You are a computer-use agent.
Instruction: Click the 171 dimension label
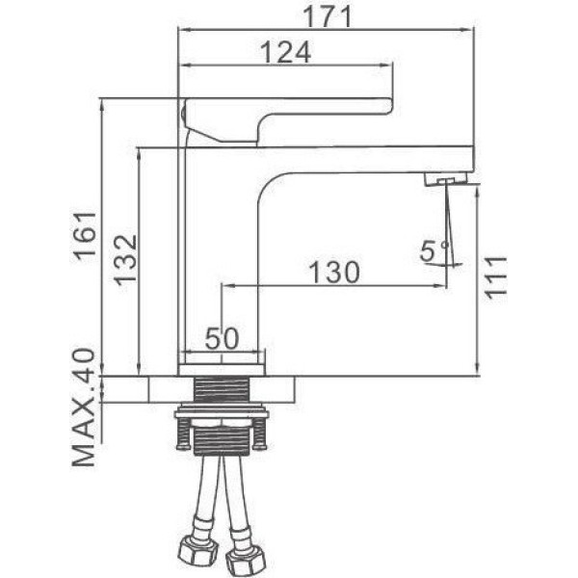point(327,16)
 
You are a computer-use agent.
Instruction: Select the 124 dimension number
point(286,52)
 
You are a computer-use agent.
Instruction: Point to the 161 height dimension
point(85,236)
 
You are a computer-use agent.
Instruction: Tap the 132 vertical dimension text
point(125,260)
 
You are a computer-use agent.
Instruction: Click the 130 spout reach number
point(334,273)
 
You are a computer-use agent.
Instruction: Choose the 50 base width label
point(222,338)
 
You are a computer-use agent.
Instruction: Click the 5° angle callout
point(433,251)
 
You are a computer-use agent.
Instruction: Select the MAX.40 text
point(84,407)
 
